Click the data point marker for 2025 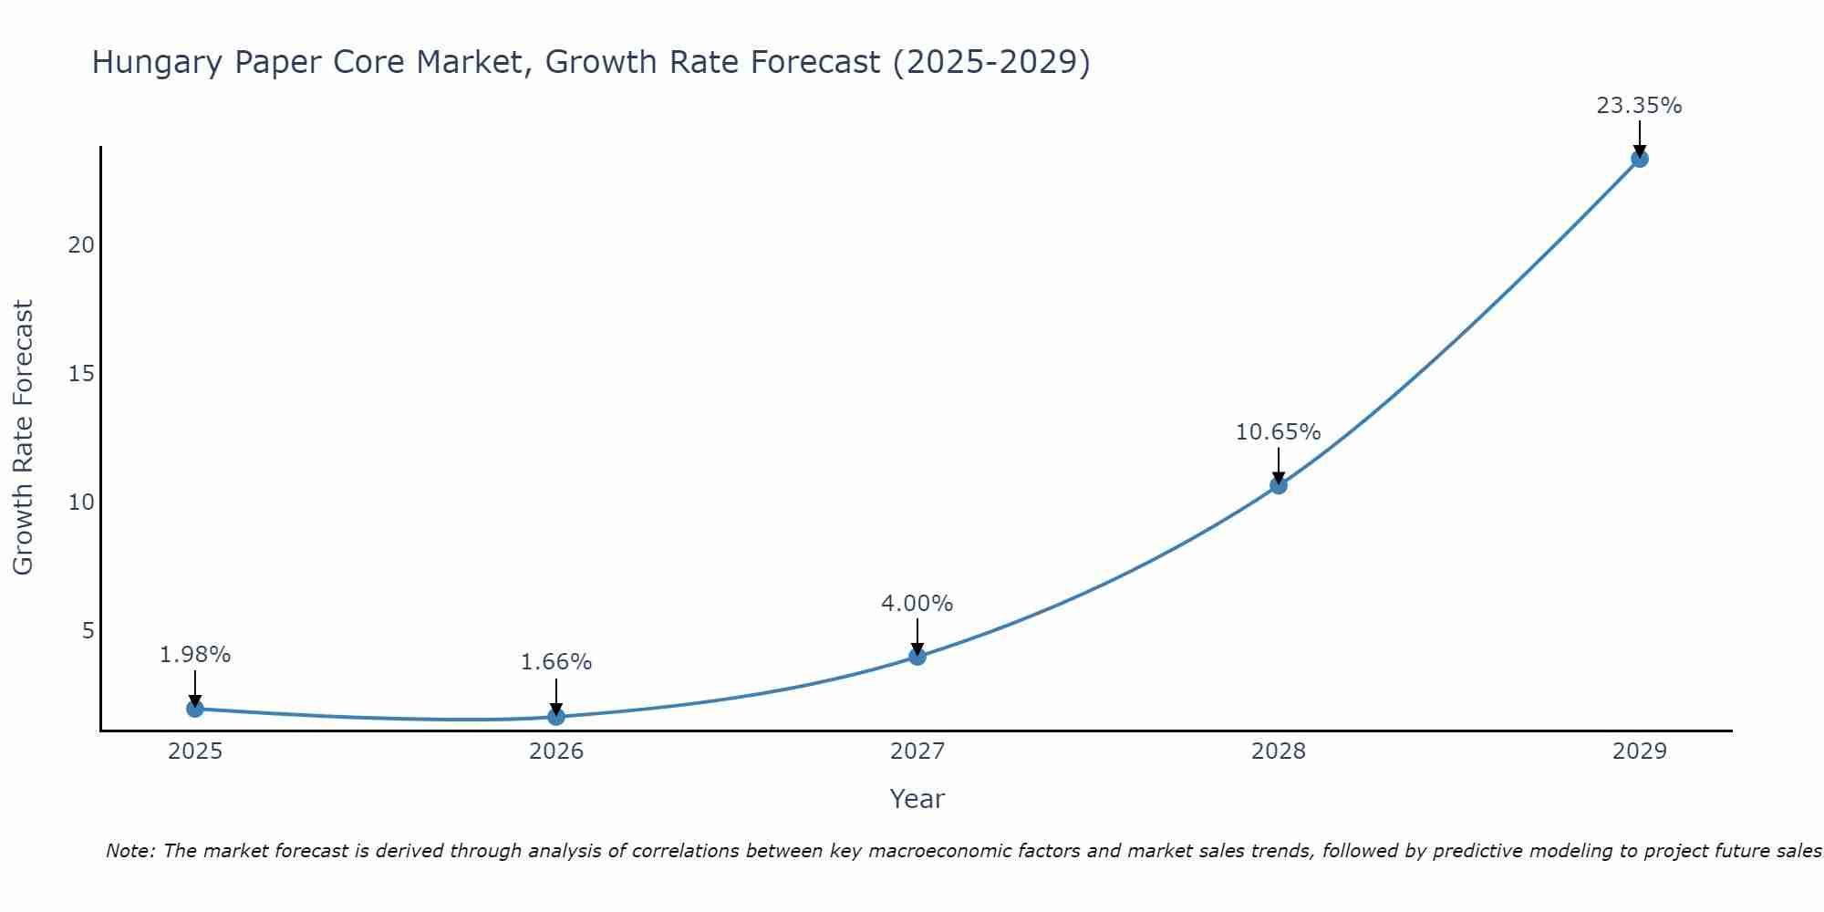(194, 709)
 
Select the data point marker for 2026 (556, 717)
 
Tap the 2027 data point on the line (917, 657)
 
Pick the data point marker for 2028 (1279, 485)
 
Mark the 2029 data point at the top (1639, 159)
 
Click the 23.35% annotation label (1639, 106)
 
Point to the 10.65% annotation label (1278, 432)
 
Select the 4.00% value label (917, 604)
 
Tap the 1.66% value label (556, 662)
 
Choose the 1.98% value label (195, 655)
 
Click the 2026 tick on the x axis (556, 751)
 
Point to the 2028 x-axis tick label (1278, 751)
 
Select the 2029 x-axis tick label (1639, 751)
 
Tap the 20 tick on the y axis (81, 245)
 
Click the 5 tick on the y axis (88, 631)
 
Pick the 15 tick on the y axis (81, 374)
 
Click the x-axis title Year (917, 799)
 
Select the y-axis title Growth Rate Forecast (23, 438)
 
